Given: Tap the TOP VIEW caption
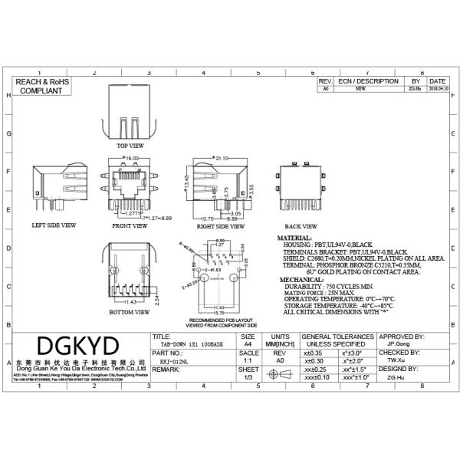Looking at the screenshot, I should (130, 145).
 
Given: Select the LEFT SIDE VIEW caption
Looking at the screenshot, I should (54, 226).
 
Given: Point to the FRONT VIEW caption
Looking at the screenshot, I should (130, 226).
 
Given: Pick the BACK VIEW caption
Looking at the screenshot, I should (301, 226).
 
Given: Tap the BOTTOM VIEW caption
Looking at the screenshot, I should (130, 313).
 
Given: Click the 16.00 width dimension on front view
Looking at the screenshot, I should (131, 159).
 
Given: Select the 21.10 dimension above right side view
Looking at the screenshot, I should (222, 159).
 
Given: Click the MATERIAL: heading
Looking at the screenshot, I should (294, 239).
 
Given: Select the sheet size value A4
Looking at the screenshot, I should (248, 345).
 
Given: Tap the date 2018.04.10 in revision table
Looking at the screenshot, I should (438, 89).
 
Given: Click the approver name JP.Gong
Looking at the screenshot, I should (400, 345).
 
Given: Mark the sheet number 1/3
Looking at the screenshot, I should (248, 377).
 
